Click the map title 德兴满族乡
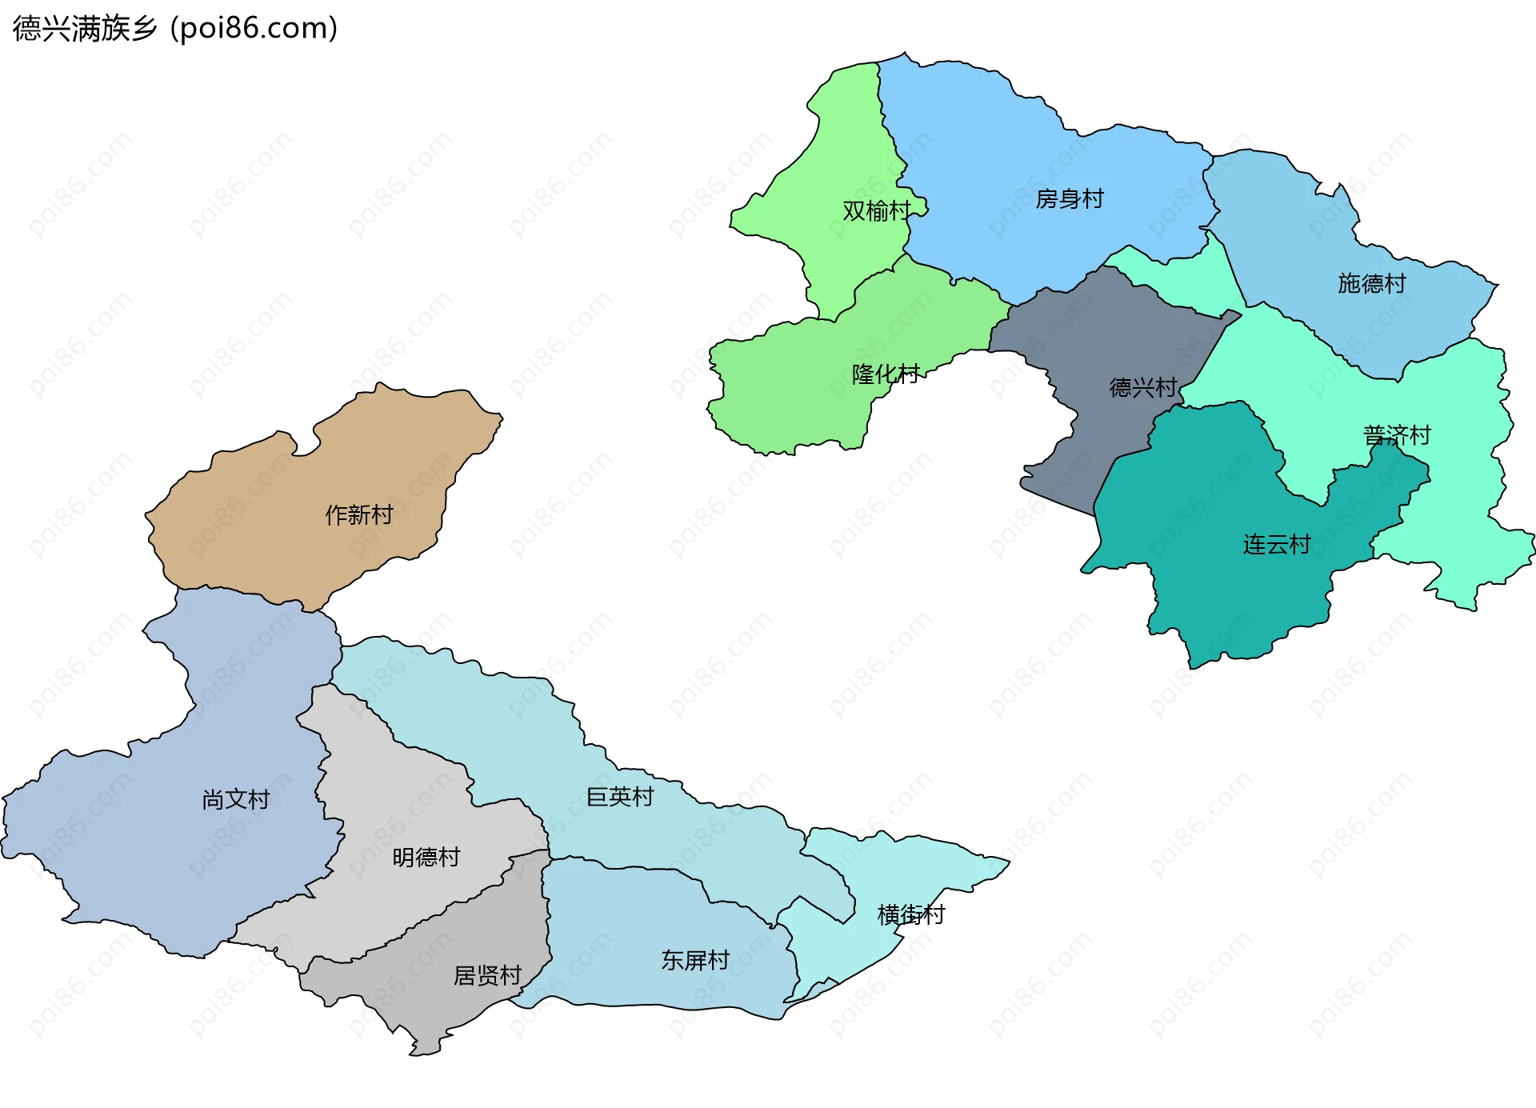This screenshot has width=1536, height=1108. click(x=85, y=29)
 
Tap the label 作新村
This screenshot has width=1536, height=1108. click(x=359, y=514)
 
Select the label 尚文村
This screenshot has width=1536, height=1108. click(x=236, y=799)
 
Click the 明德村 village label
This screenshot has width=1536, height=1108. click(x=426, y=857)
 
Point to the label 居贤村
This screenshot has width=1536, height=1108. click(x=487, y=975)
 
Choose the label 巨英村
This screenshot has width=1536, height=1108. click(x=620, y=796)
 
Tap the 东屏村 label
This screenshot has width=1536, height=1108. click(x=695, y=959)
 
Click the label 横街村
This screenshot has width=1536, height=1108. click(x=911, y=914)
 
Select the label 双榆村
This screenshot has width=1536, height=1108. click(x=877, y=210)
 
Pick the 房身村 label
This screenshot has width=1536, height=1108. click(x=1070, y=198)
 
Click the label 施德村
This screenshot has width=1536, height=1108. click(x=1372, y=283)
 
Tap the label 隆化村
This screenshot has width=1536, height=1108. click(x=886, y=374)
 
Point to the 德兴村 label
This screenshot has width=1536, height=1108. click(x=1143, y=387)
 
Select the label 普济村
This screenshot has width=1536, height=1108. click(x=1397, y=435)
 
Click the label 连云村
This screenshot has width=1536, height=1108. click(x=1277, y=544)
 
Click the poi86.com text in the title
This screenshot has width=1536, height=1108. click(x=254, y=29)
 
